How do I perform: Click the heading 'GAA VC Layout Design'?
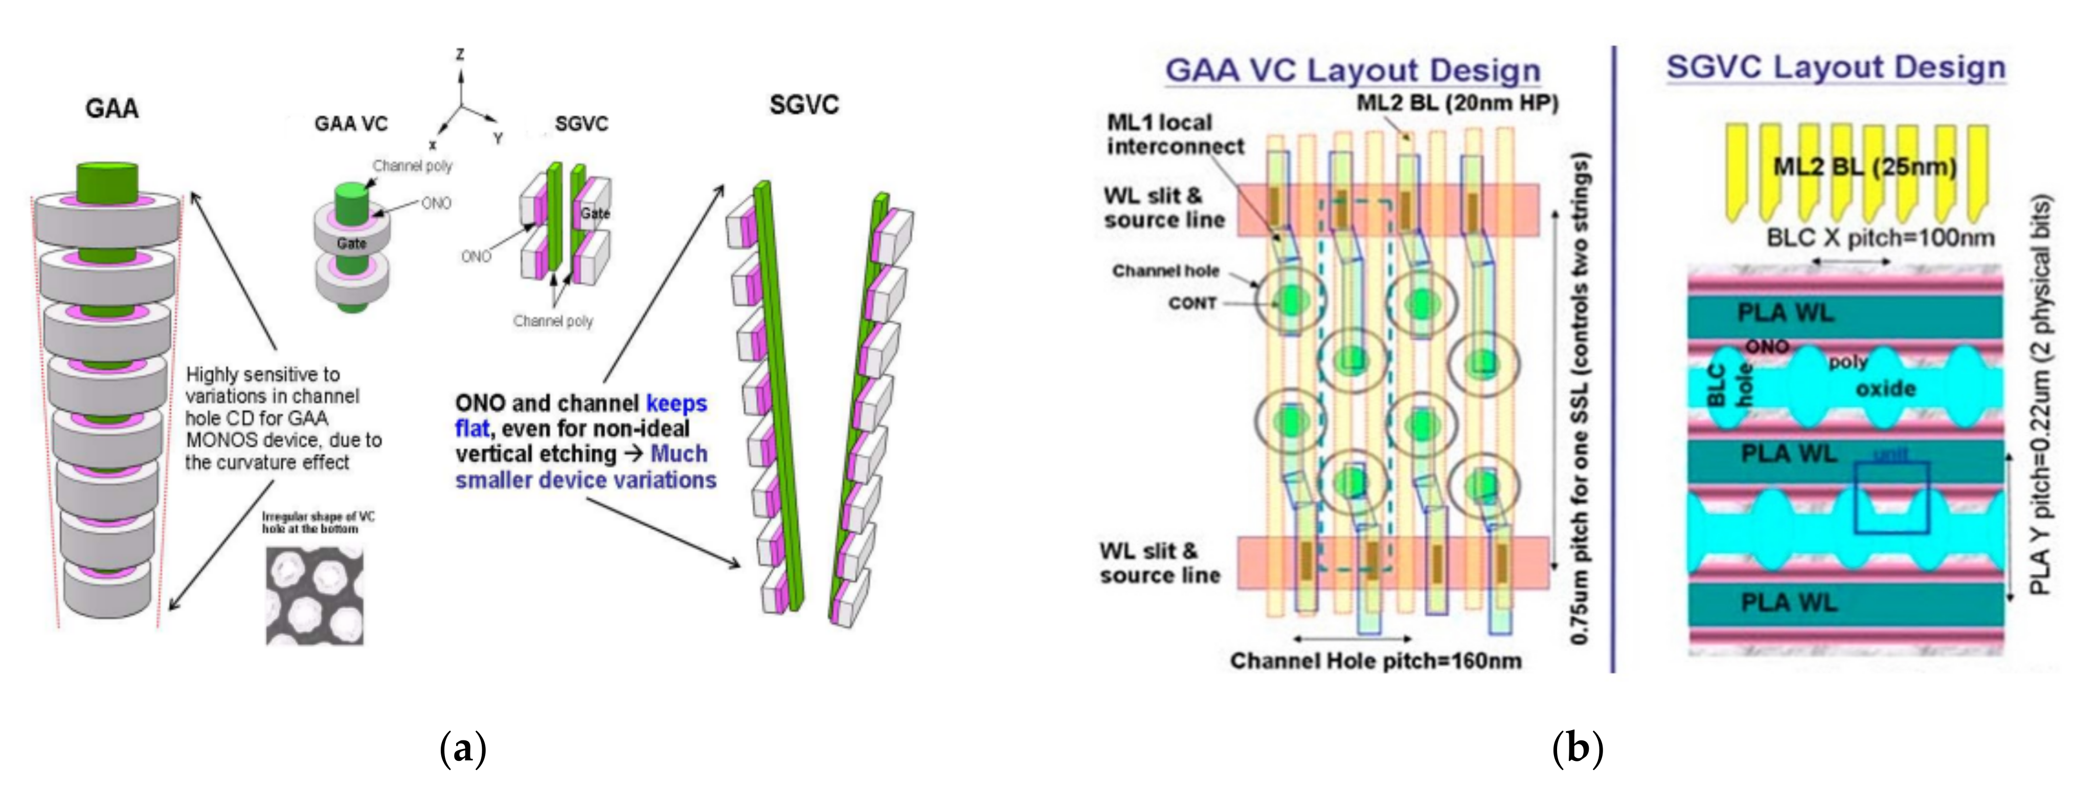tap(1353, 70)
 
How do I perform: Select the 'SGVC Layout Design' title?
tap(1836, 66)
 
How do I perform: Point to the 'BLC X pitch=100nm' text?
tap(1880, 238)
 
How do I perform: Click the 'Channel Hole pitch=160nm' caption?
tap(1375, 661)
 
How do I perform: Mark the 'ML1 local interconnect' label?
tap(1175, 134)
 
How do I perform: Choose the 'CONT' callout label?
tap(1192, 303)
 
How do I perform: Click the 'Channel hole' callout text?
tap(1165, 271)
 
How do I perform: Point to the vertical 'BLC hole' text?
tap(1729, 385)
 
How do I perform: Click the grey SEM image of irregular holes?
tap(315, 596)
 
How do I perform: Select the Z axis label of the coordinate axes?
tap(460, 55)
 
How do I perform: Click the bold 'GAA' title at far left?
tap(111, 108)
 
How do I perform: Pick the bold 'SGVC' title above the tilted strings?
tap(803, 105)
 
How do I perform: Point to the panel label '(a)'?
tap(462, 747)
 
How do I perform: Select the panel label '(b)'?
tap(1577, 747)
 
